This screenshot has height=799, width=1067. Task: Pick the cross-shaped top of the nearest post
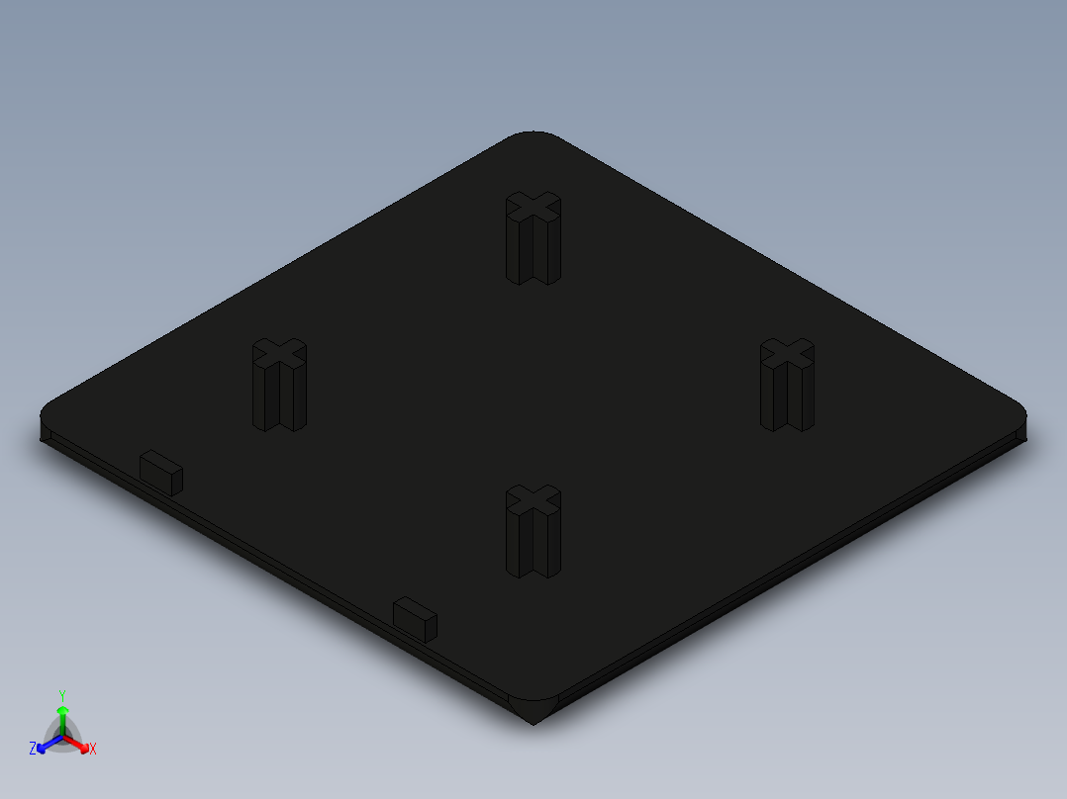click(533, 499)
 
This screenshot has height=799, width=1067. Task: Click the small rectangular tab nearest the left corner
click(160, 472)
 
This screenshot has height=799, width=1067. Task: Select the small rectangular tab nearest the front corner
click(415, 618)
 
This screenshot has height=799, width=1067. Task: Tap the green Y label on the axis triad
click(62, 695)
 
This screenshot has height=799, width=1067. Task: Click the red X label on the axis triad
click(93, 750)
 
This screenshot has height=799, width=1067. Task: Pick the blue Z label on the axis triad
click(33, 749)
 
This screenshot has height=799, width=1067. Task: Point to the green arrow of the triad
click(62, 716)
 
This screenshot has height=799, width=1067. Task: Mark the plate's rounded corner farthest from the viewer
click(533, 136)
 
